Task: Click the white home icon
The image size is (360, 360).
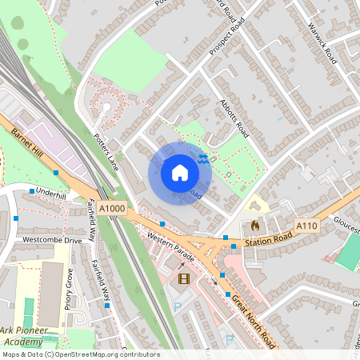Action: click(180, 172)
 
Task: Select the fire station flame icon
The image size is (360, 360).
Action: click(255, 225)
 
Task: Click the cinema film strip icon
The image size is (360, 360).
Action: click(185, 278)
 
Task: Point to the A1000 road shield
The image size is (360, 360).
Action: click(113, 209)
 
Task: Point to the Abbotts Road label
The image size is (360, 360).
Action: click(234, 119)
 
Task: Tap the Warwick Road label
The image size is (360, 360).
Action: click(322, 43)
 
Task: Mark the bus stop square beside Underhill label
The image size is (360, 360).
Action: click(32, 191)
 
